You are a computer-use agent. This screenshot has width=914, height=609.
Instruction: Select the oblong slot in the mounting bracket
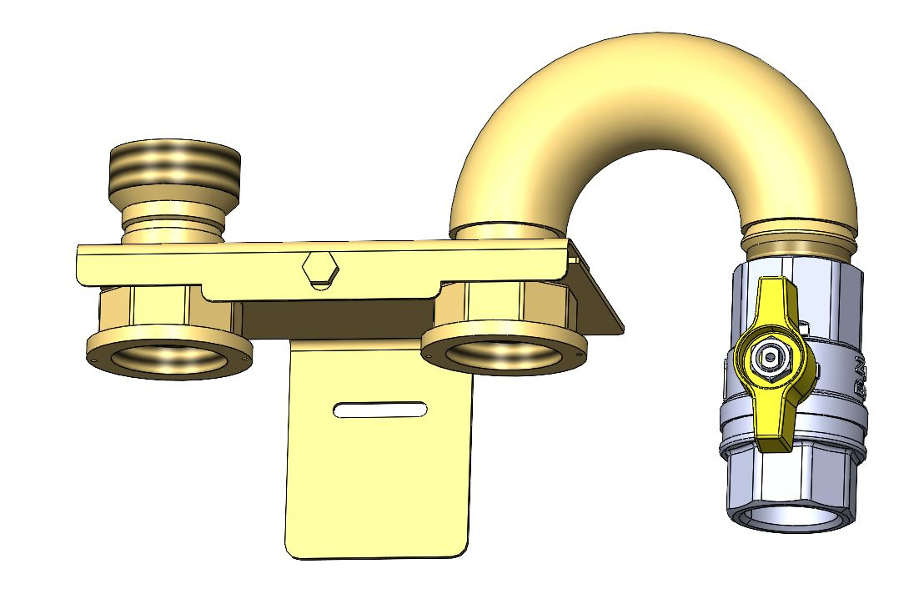tap(380, 410)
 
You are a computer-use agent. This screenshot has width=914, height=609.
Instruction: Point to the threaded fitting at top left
tap(176, 166)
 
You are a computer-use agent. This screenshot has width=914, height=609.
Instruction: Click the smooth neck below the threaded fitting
tap(173, 219)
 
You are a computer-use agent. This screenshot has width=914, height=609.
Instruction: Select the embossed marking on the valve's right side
tap(857, 375)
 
